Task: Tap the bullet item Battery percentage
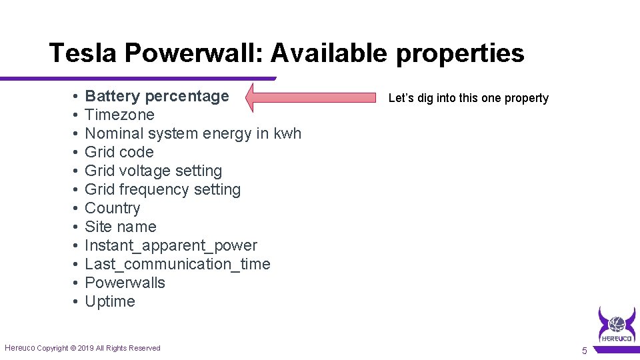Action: pos(157,97)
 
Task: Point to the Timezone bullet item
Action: pos(119,115)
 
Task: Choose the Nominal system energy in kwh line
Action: pos(193,133)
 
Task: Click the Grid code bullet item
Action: pos(119,152)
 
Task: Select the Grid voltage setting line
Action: pos(153,171)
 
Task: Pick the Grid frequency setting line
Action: pos(163,189)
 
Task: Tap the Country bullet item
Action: pos(113,208)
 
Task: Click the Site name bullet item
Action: pos(121,227)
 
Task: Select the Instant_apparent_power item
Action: pos(171,245)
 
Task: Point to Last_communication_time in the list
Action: pos(177,264)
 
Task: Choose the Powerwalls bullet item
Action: pos(125,283)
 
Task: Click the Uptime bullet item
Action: pos(110,301)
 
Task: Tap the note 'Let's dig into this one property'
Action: pos(468,98)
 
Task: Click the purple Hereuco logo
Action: pos(617,325)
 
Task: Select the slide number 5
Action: pos(585,351)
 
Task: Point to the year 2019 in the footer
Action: pos(87,348)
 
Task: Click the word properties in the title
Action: pos(460,53)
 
